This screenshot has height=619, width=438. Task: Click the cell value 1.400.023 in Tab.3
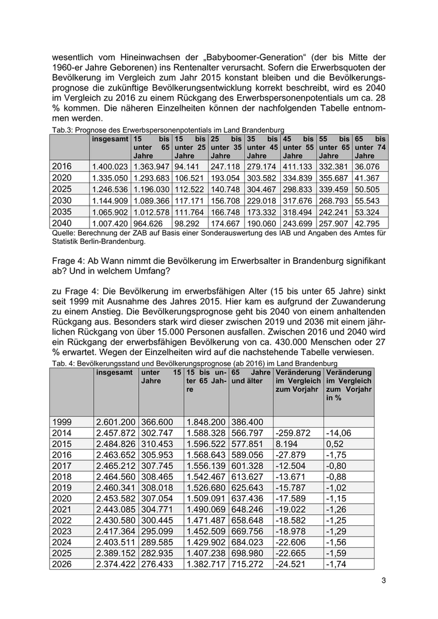pos(109,167)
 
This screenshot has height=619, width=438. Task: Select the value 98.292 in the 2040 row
pos(187,223)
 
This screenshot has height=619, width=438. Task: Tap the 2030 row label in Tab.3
pos(62,201)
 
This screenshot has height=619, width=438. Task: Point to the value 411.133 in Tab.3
pos(297,167)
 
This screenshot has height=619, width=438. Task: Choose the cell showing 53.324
pos(367,212)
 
